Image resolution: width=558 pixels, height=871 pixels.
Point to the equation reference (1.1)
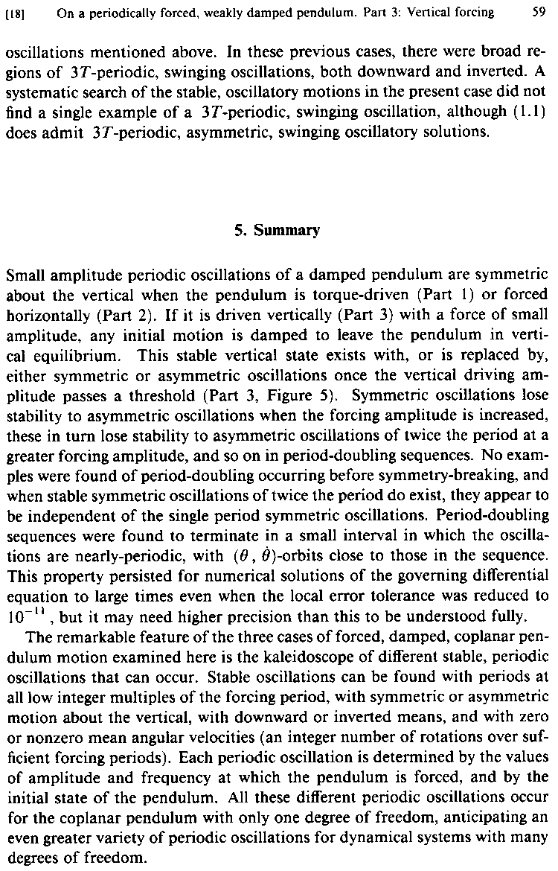coord(529,116)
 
